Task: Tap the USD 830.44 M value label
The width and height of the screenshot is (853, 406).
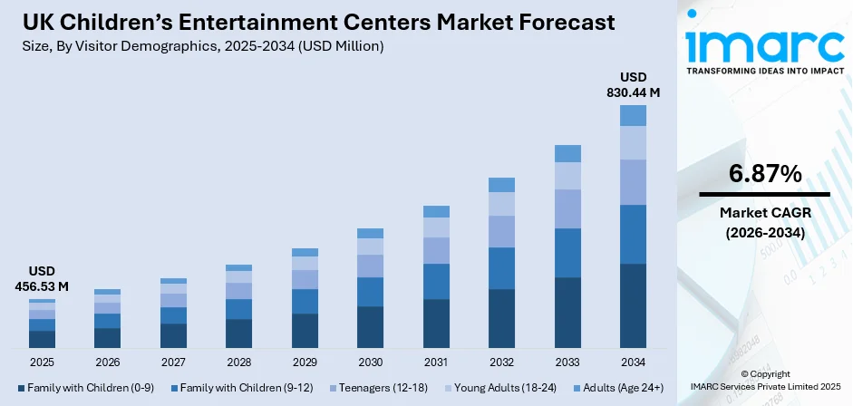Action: coord(633,84)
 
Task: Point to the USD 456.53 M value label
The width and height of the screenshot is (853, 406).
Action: coord(42,279)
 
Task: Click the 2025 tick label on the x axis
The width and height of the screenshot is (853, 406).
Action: coord(42,362)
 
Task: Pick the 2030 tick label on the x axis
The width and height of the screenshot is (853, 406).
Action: coord(370,362)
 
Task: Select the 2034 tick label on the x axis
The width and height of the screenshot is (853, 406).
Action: coord(633,362)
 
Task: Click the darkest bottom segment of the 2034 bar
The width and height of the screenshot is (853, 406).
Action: coord(633,305)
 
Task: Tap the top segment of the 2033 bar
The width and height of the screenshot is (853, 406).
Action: coord(567,153)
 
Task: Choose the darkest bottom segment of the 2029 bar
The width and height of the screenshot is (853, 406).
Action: coord(305,331)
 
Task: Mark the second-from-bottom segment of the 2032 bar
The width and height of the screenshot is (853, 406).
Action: coord(501,268)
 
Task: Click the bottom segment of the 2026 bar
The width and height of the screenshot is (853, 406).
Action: coord(107,338)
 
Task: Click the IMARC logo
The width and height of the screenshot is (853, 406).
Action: coord(764,45)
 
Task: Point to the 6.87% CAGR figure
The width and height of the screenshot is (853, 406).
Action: coord(764,173)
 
